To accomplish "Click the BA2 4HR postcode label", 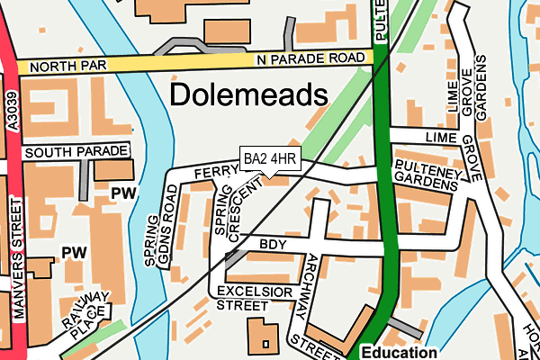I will click(270, 160).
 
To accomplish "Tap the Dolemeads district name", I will click(247, 94).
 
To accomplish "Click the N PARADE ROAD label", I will click(312, 58).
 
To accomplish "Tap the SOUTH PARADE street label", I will click(76, 153).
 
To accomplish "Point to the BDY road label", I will click(271, 244).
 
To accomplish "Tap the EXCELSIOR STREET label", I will click(255, 298).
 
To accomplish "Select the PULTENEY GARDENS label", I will click(426, 175).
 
